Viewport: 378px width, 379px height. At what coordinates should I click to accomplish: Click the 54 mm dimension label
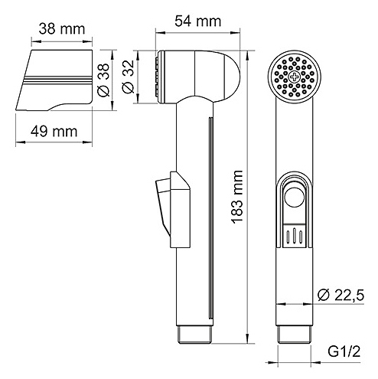click(197, 21)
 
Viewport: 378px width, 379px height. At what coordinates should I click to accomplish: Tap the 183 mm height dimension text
click(236, 197)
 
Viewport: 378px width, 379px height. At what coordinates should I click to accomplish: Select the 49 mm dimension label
click(54, 132)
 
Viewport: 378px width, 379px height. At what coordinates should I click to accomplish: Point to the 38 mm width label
click(62, 29)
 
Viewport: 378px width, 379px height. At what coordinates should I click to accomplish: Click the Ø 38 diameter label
click(103, 80)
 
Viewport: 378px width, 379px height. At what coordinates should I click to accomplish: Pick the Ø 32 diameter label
click(128, 77)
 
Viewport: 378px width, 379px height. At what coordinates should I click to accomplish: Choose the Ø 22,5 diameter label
click(341, 296)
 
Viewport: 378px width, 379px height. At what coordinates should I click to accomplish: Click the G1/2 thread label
click(344, 352)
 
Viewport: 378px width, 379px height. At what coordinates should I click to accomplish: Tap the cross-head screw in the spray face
click(295, 77)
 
